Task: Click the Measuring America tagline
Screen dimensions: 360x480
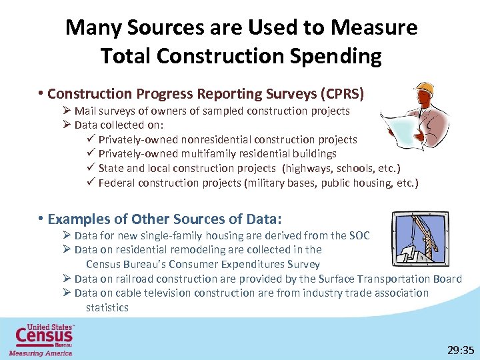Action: [x=40, y=353]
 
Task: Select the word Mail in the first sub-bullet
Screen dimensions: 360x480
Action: [x=85, y=111]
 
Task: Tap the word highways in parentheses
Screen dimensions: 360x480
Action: [x=308, y=168]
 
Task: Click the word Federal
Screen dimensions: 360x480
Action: [x=117, y=183]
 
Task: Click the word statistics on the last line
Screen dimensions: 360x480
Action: [x=107, y=307]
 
